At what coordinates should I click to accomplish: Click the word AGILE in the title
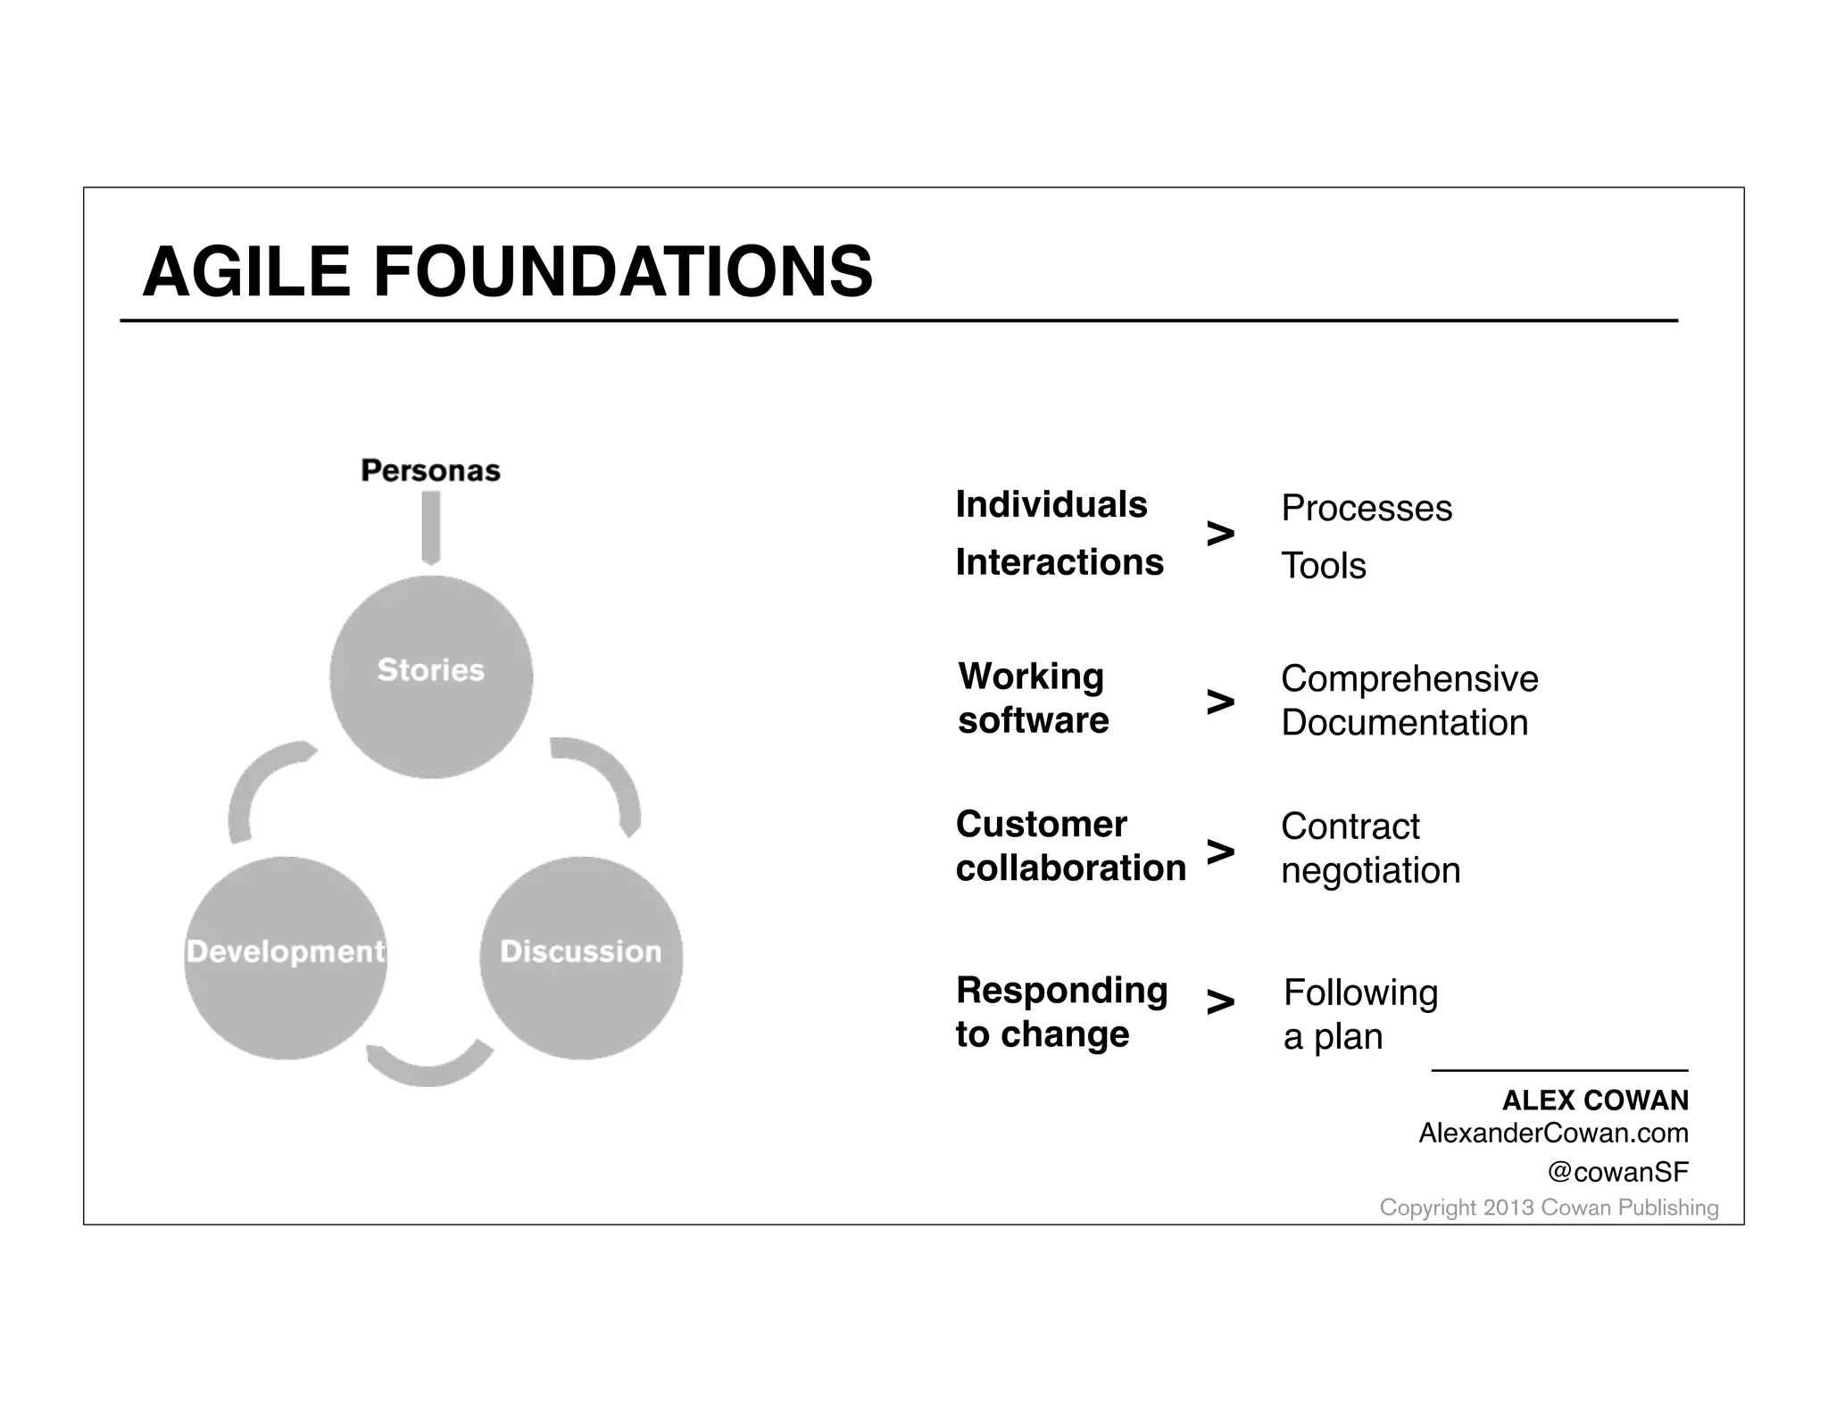tap(245, 271)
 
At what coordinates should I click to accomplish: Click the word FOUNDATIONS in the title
tap(623, 271)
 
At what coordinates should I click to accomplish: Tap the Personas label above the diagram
tap(430, 470)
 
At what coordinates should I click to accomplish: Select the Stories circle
tap(431, 677)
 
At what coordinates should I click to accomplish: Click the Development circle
tap(286, 958)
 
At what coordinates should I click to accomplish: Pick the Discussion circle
tap(581, 958)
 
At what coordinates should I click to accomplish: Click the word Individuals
tap(1051, 504)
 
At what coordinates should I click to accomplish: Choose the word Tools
tap(1324, 566)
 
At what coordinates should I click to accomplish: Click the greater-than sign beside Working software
tap(1220, 702)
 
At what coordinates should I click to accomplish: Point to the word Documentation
tap(1405, 723)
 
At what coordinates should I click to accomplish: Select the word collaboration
tap(1071, 868)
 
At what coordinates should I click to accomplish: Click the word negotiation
tap(1371, 871)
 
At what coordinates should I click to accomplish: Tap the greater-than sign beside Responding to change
tap(1220, 1002)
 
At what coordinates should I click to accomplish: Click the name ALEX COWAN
tap(1595, 1101)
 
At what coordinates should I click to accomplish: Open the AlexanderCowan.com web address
tap(1553, 1134)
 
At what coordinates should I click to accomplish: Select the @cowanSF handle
tap(1617, 1172)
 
